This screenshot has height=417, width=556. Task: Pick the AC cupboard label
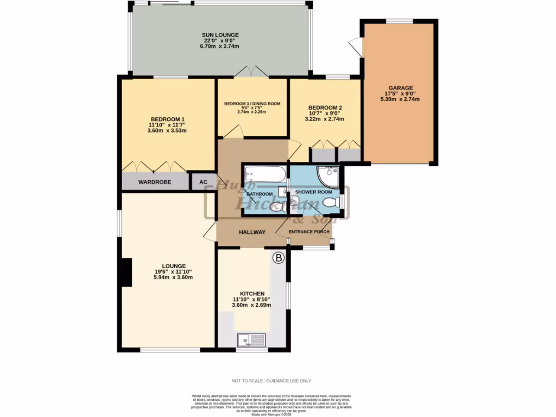coord(204,182)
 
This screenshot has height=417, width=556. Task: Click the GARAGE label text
coord(401,88)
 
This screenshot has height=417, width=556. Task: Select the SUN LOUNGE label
coord(221,35)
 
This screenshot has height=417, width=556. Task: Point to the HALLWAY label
coord(252,232)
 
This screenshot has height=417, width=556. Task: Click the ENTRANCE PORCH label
coord(309,232)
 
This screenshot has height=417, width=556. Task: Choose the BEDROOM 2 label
coord(325,108)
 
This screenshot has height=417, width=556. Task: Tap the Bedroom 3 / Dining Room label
coord(252,104)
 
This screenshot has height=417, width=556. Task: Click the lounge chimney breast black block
coord(126,273)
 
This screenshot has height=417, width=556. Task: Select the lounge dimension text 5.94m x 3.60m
coord(173,277)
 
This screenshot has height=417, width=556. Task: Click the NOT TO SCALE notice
coord(271,381)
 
